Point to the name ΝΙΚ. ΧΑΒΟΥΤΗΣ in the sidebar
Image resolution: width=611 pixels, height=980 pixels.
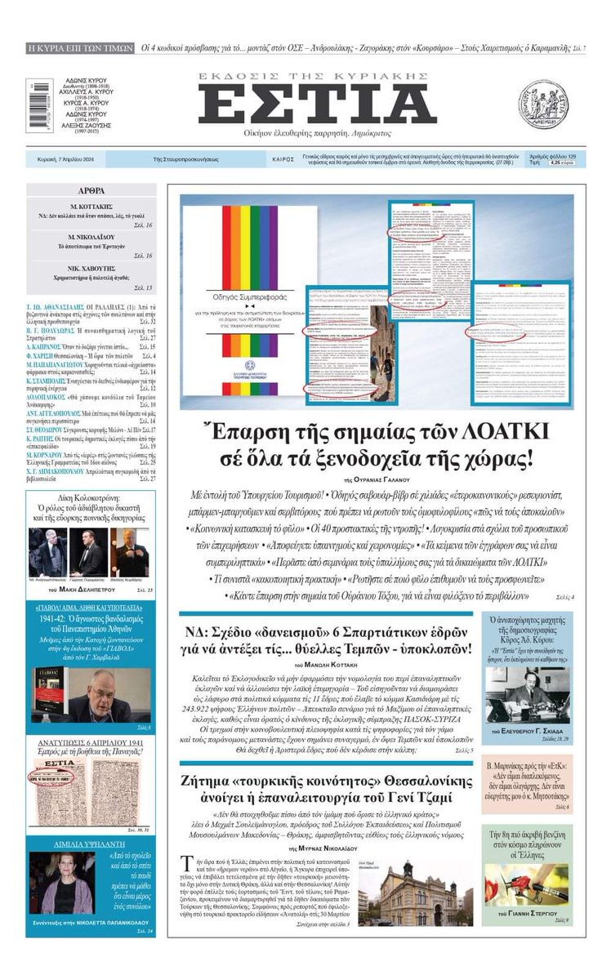point(90,277)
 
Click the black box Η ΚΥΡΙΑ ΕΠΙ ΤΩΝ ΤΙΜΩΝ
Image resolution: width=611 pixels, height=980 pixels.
point(80,48)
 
